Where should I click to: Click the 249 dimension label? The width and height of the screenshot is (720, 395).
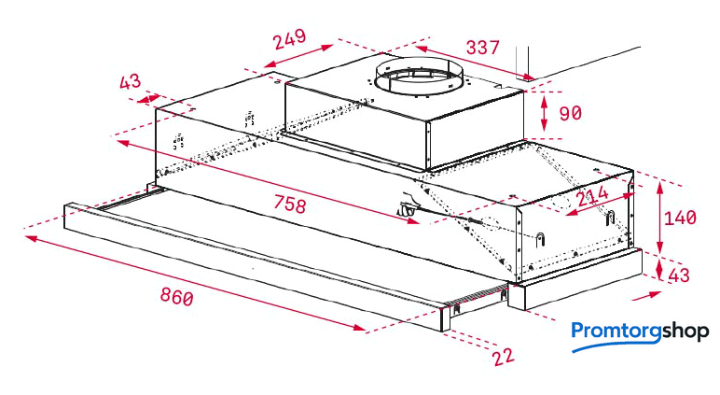click(x=290, y=39)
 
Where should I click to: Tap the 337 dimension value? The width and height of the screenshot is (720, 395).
click(x=482, y=47)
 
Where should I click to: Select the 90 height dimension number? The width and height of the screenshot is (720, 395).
click(x=570, y=113)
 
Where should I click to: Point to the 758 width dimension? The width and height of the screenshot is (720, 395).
click(x=290, y=204)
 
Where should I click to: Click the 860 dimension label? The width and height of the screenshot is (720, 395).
click(x=177, y=296)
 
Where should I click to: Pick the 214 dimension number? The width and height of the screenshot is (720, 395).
click(x=592, y=197)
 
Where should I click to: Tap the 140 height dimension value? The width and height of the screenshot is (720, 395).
click(x=680, y=218)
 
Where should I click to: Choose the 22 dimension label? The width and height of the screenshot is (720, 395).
click(x=504, y=357)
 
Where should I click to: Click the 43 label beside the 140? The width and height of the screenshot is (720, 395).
click(x=679, y=275)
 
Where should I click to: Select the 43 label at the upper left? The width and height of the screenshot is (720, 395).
click(x=130, y=82)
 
